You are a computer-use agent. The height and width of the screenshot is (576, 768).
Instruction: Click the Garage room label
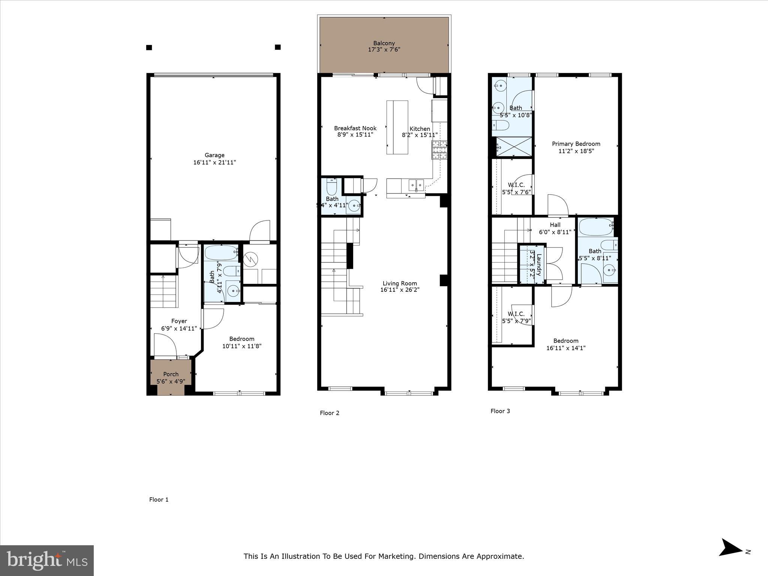(214, 155)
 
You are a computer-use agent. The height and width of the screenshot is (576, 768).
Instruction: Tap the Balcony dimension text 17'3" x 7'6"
(384, 49)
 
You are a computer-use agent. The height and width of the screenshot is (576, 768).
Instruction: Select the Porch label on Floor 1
(171, 374)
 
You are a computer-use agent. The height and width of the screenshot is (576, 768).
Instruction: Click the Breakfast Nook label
(355, 128)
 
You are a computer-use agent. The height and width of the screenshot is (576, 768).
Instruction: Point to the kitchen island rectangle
(397, 127)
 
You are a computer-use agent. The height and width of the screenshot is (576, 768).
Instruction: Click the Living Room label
(400, 283)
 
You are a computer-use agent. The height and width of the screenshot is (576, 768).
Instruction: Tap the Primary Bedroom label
(576, 144)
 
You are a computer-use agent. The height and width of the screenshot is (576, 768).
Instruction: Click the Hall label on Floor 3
(555, 225)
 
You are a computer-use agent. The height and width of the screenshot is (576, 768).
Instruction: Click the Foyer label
(179, 321)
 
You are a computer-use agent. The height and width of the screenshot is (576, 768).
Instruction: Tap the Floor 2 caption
(329, 413)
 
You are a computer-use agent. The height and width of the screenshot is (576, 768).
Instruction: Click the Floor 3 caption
(500, 411)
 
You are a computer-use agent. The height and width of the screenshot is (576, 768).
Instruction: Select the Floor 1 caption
(159, 499)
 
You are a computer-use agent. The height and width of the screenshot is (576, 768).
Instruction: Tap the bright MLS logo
(47, 560)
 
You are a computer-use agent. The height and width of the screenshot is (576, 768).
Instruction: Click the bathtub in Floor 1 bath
(221, 252)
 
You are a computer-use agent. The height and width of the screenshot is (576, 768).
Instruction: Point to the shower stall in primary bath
(514, 147)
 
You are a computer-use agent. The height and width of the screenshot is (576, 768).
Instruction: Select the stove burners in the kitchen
(439, 150)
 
